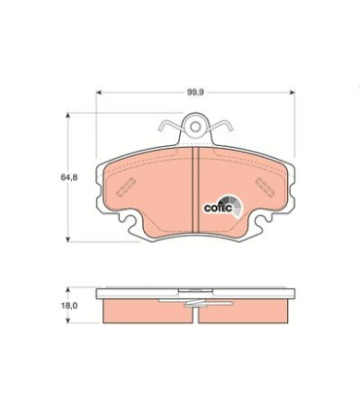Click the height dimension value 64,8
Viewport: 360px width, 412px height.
click(67, 178)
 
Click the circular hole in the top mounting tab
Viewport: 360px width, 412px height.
click(198, 127)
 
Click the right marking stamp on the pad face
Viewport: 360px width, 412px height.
click(266, 186)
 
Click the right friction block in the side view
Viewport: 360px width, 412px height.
click(248, 309)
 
